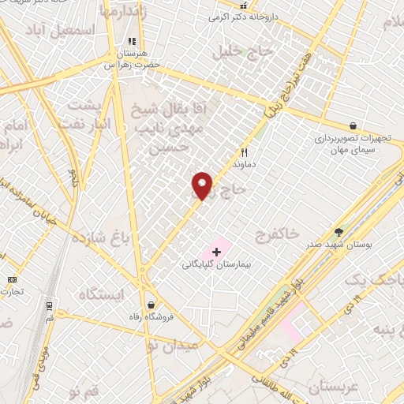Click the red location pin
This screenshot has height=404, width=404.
pyautogui.click(x=203, y=185)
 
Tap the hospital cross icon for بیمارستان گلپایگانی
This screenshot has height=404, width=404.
pyautogui.click(x=217, y=251)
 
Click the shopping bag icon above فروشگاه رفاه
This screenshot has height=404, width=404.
pyautogui.click(x=150, y=305)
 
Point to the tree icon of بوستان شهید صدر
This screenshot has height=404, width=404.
pyautogui.click(x=339, y=232)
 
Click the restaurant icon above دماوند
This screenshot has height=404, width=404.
pyautogui.click(x=244, y=152)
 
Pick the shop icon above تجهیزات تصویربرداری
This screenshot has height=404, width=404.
pyautogui.click(x=353, y=125)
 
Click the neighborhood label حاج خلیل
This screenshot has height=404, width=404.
pyautogui.click(x=244, y=52)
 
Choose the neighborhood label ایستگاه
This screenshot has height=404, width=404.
pyautogui.click(x=102, y=294)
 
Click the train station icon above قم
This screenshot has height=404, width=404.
pyautogui.click(x=49, y=305)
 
